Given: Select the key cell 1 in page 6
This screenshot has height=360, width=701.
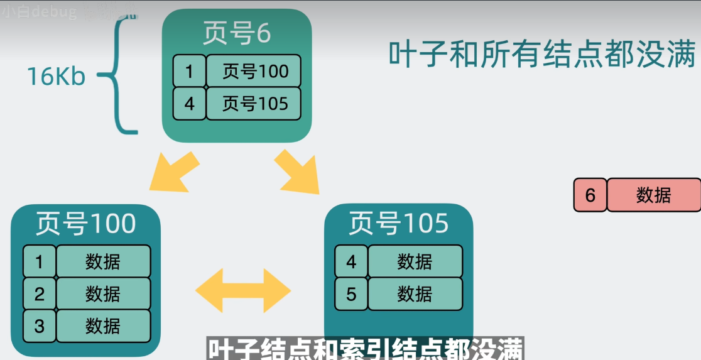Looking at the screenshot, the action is click(x=189, y=72).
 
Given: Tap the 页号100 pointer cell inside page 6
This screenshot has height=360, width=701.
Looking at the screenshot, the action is click(x=254, y=72).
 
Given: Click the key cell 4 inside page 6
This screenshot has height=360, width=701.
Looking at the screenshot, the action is click(x=189, y=104).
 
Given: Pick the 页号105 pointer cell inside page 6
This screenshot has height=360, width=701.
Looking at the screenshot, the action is click(x=254, y=104).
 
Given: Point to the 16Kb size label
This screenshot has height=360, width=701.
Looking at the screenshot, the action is click(x=56, y=77).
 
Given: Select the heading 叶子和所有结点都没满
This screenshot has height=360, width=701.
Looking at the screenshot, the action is click(x=542, y=55).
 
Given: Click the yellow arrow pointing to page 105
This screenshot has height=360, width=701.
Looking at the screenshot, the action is click(x=296, y=171).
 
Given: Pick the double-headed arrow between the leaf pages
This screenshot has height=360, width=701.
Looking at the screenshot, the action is click(x=243, y=290).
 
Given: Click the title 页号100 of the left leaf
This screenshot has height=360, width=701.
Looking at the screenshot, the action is click(x=85, y=224).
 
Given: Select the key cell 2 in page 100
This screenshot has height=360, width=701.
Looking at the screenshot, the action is click(x=40, y=293).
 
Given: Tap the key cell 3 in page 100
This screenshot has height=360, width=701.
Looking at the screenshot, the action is click(x=40, y=326).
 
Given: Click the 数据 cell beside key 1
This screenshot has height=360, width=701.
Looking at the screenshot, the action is click(x=103, y=261).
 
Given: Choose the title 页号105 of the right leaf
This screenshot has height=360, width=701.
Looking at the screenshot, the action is click(x=398, y=224).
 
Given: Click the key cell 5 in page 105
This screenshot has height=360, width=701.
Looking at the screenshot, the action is click(x=351, y=293).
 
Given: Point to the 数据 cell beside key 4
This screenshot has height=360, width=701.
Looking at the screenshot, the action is click(x=415, y=261).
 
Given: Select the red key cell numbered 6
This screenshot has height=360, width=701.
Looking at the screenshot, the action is click(x=590, y=195).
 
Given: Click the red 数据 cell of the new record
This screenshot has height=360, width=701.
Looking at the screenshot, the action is click(x=653, y=195).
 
